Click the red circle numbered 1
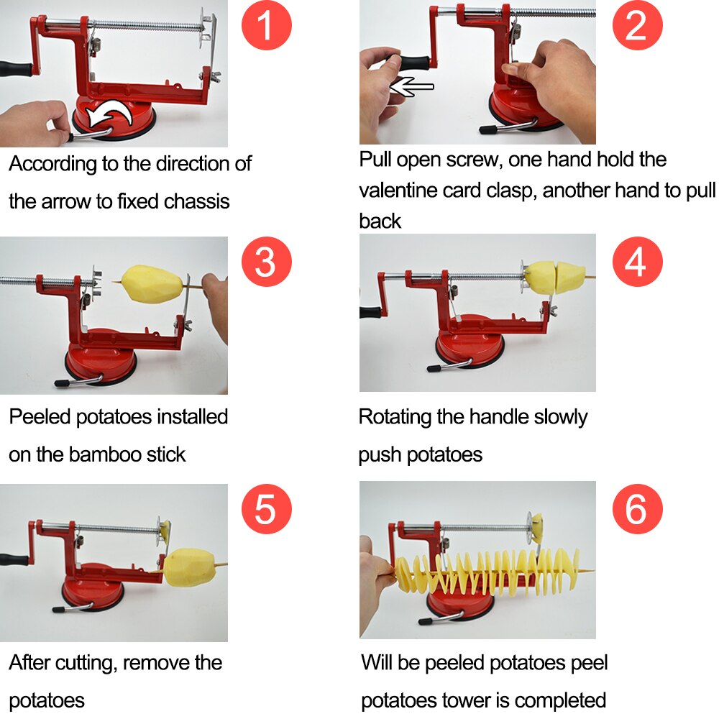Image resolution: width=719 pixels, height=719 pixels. coord(265,25)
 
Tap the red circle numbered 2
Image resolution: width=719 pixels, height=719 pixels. coord(636,25)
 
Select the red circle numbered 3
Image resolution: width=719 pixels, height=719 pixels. coord(265,261)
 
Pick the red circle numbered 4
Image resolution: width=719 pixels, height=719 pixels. coord(636,262)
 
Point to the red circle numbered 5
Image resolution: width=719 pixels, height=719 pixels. coord(265,509)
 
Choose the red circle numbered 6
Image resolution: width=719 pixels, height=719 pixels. coord(636,509)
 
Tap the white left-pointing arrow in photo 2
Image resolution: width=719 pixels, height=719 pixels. coord(411,87)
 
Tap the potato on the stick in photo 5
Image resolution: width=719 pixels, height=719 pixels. coord(188,567)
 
